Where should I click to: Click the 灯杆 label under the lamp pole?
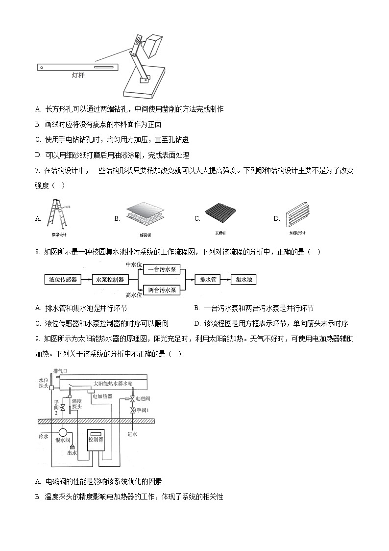78,76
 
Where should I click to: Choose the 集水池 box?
243,280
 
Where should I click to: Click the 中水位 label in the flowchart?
134,264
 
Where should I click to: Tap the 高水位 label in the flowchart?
134,295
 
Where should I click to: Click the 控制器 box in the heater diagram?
96,439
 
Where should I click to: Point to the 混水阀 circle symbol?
63,432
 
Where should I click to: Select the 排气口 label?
60,371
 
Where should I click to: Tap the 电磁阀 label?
143,398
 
